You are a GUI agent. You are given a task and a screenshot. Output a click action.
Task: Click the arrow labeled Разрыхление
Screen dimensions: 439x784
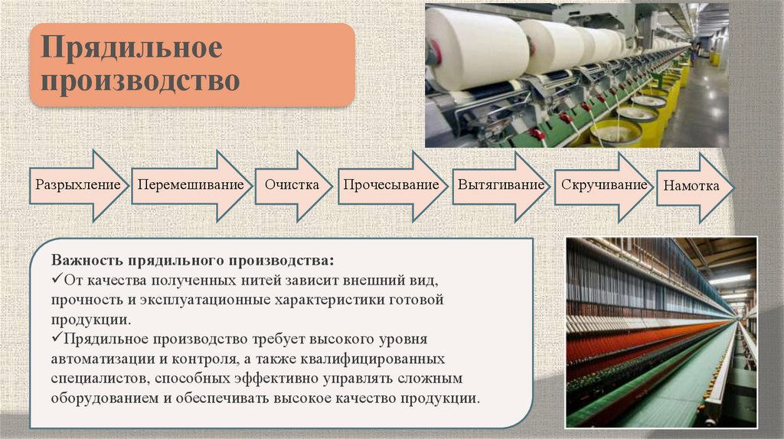[77, 185]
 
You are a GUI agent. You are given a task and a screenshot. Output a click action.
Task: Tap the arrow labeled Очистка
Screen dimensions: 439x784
[292, 185]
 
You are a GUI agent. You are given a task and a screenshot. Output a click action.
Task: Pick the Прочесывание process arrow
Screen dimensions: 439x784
[390, 185]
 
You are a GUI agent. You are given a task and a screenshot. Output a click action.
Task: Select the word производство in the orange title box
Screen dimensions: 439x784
[140, 80]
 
